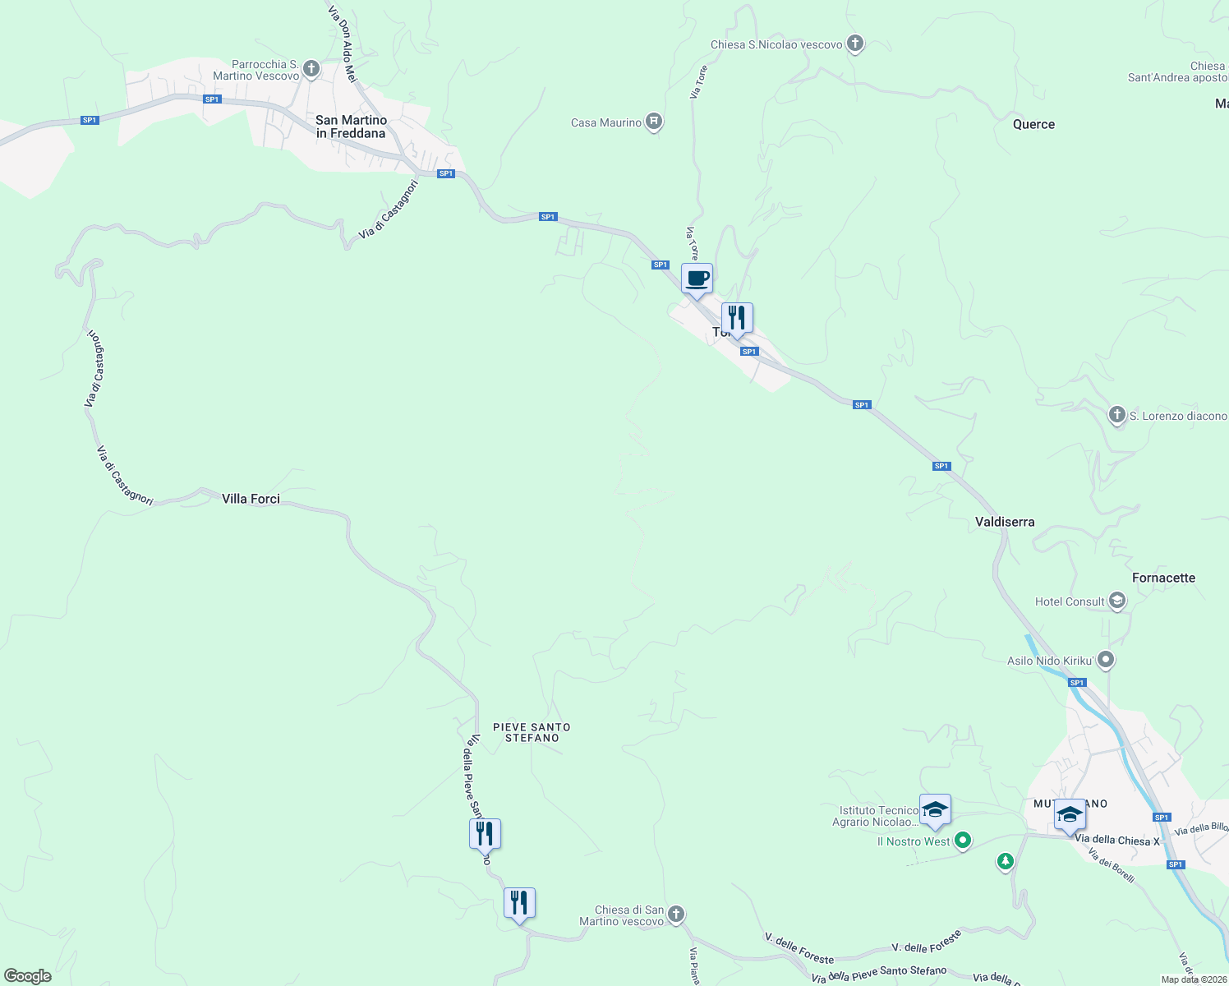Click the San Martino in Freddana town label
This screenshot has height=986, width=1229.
coord(351,127)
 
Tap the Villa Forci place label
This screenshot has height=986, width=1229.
coord(251,499)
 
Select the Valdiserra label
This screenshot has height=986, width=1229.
coord(1005,522)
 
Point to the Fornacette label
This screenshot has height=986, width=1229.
coord(1163,578)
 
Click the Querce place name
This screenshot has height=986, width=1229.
coord(1033,124)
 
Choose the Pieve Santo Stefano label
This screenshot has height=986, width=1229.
coord(532,732)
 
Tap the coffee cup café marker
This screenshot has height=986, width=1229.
coord(697,279)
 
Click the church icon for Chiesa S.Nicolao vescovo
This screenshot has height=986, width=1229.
coord(855,44)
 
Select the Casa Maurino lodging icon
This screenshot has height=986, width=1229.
coord(654,122)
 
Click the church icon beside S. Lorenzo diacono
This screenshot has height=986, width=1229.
coord(1116,415)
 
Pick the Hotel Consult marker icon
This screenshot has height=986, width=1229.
coord(1116,601)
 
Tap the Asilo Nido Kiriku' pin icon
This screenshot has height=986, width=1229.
coord(1106,660)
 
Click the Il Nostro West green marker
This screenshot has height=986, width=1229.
coord(964,841)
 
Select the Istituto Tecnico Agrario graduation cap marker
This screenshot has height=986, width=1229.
coord(935,811)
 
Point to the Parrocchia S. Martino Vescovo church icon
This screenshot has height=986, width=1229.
coord(311,69)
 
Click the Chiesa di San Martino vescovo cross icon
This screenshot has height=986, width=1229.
coord(675,914)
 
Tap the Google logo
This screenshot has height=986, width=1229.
coord(28,976)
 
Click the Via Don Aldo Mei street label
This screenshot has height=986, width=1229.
coord(343,44)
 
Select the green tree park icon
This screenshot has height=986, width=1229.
coord(1005,861)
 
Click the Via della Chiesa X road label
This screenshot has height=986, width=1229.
coord(1116,840)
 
